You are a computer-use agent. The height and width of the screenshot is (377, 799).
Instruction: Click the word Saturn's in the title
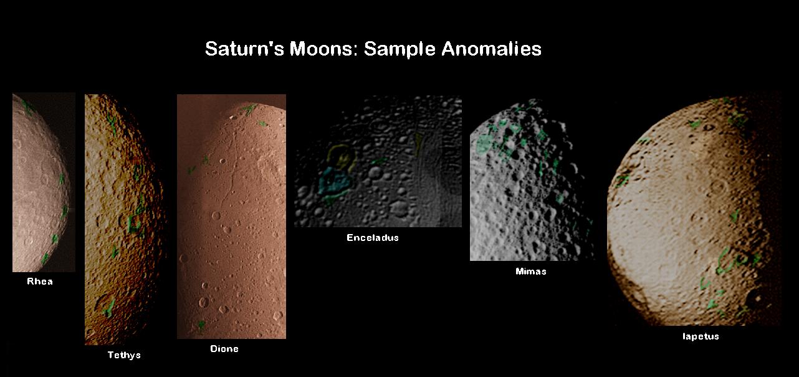244,49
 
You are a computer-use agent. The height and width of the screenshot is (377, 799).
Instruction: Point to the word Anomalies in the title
492,49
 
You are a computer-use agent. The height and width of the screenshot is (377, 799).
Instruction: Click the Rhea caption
40,282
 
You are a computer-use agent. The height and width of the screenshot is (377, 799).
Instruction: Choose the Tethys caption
124,355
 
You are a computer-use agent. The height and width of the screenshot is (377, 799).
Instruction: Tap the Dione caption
224,349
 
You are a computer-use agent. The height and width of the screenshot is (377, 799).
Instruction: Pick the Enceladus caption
373,238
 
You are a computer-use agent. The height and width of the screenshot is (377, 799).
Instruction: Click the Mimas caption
531,272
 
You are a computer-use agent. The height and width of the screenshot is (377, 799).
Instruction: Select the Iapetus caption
701,336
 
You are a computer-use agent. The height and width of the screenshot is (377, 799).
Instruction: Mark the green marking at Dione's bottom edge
201,325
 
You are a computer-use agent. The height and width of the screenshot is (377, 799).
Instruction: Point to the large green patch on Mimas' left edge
484,144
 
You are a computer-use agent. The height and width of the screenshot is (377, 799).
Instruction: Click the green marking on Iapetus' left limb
622,180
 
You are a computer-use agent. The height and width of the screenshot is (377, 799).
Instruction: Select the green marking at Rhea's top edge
27,106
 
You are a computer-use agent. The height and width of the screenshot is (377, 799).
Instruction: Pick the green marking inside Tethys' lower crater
109,308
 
